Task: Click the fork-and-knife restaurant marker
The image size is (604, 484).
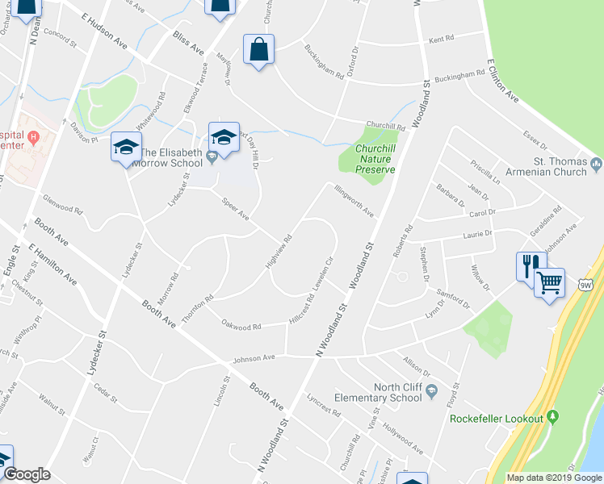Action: (530, 265)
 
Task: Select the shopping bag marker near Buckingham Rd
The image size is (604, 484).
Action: (258, 48)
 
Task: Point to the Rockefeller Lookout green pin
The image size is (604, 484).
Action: (552, 417)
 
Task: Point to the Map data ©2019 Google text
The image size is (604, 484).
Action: (554, 478)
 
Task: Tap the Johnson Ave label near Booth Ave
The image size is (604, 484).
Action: (254, 357)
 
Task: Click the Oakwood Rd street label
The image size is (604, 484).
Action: (242, 326)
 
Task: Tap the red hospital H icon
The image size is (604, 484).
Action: (33, 136)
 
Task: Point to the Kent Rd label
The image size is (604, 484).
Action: (442, 39)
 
